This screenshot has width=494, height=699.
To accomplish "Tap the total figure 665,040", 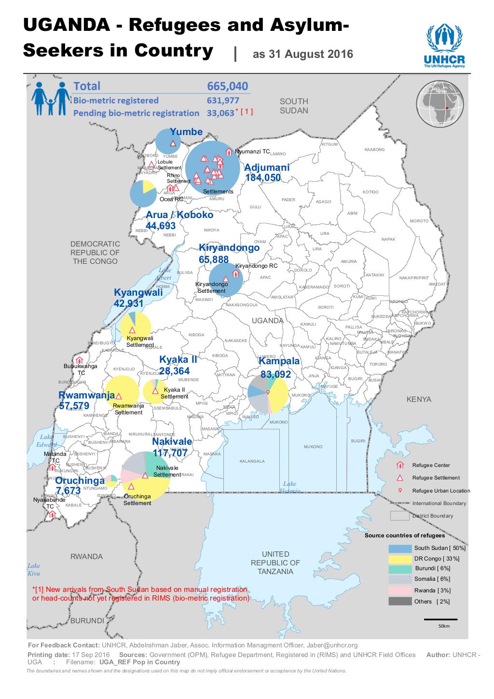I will click(x=228, y=86).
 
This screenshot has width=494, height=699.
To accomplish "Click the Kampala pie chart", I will click(x=268, y=394).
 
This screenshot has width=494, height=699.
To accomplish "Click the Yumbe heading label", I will click(x=186, y=132).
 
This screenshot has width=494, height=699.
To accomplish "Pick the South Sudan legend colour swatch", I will click(x=400, y=548).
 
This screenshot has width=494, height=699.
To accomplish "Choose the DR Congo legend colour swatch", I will click(x=400, y=559).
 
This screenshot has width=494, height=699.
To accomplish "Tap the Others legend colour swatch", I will click(x=400, y=601).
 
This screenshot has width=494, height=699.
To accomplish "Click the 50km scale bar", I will click(x=440, y=619).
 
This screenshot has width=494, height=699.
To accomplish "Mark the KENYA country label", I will click(x=418, y=399).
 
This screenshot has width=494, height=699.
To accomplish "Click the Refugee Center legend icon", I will click(x=399, y=466).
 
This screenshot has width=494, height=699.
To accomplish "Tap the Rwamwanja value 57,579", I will click(x=74, y=406).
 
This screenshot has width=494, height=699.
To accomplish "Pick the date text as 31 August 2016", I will click(x=302, y=55).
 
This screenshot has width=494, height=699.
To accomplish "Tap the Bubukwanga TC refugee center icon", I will click(x=80, y=360).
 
